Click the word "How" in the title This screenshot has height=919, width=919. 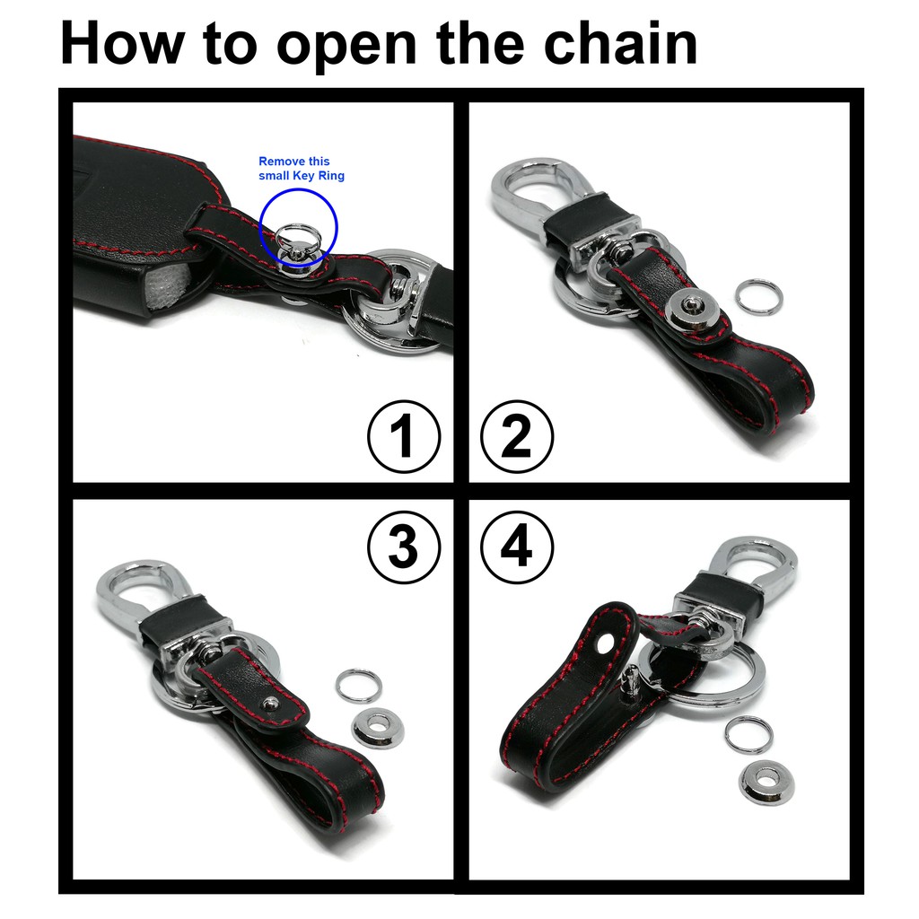[121, 43]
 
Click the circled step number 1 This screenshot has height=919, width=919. [404, 436]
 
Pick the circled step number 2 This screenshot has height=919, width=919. [517, 436]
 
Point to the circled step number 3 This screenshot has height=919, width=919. [404, 547]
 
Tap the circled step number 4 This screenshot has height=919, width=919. [517, 547]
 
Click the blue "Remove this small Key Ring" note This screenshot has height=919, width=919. [302, 168]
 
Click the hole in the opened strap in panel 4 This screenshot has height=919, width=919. [604, 644]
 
